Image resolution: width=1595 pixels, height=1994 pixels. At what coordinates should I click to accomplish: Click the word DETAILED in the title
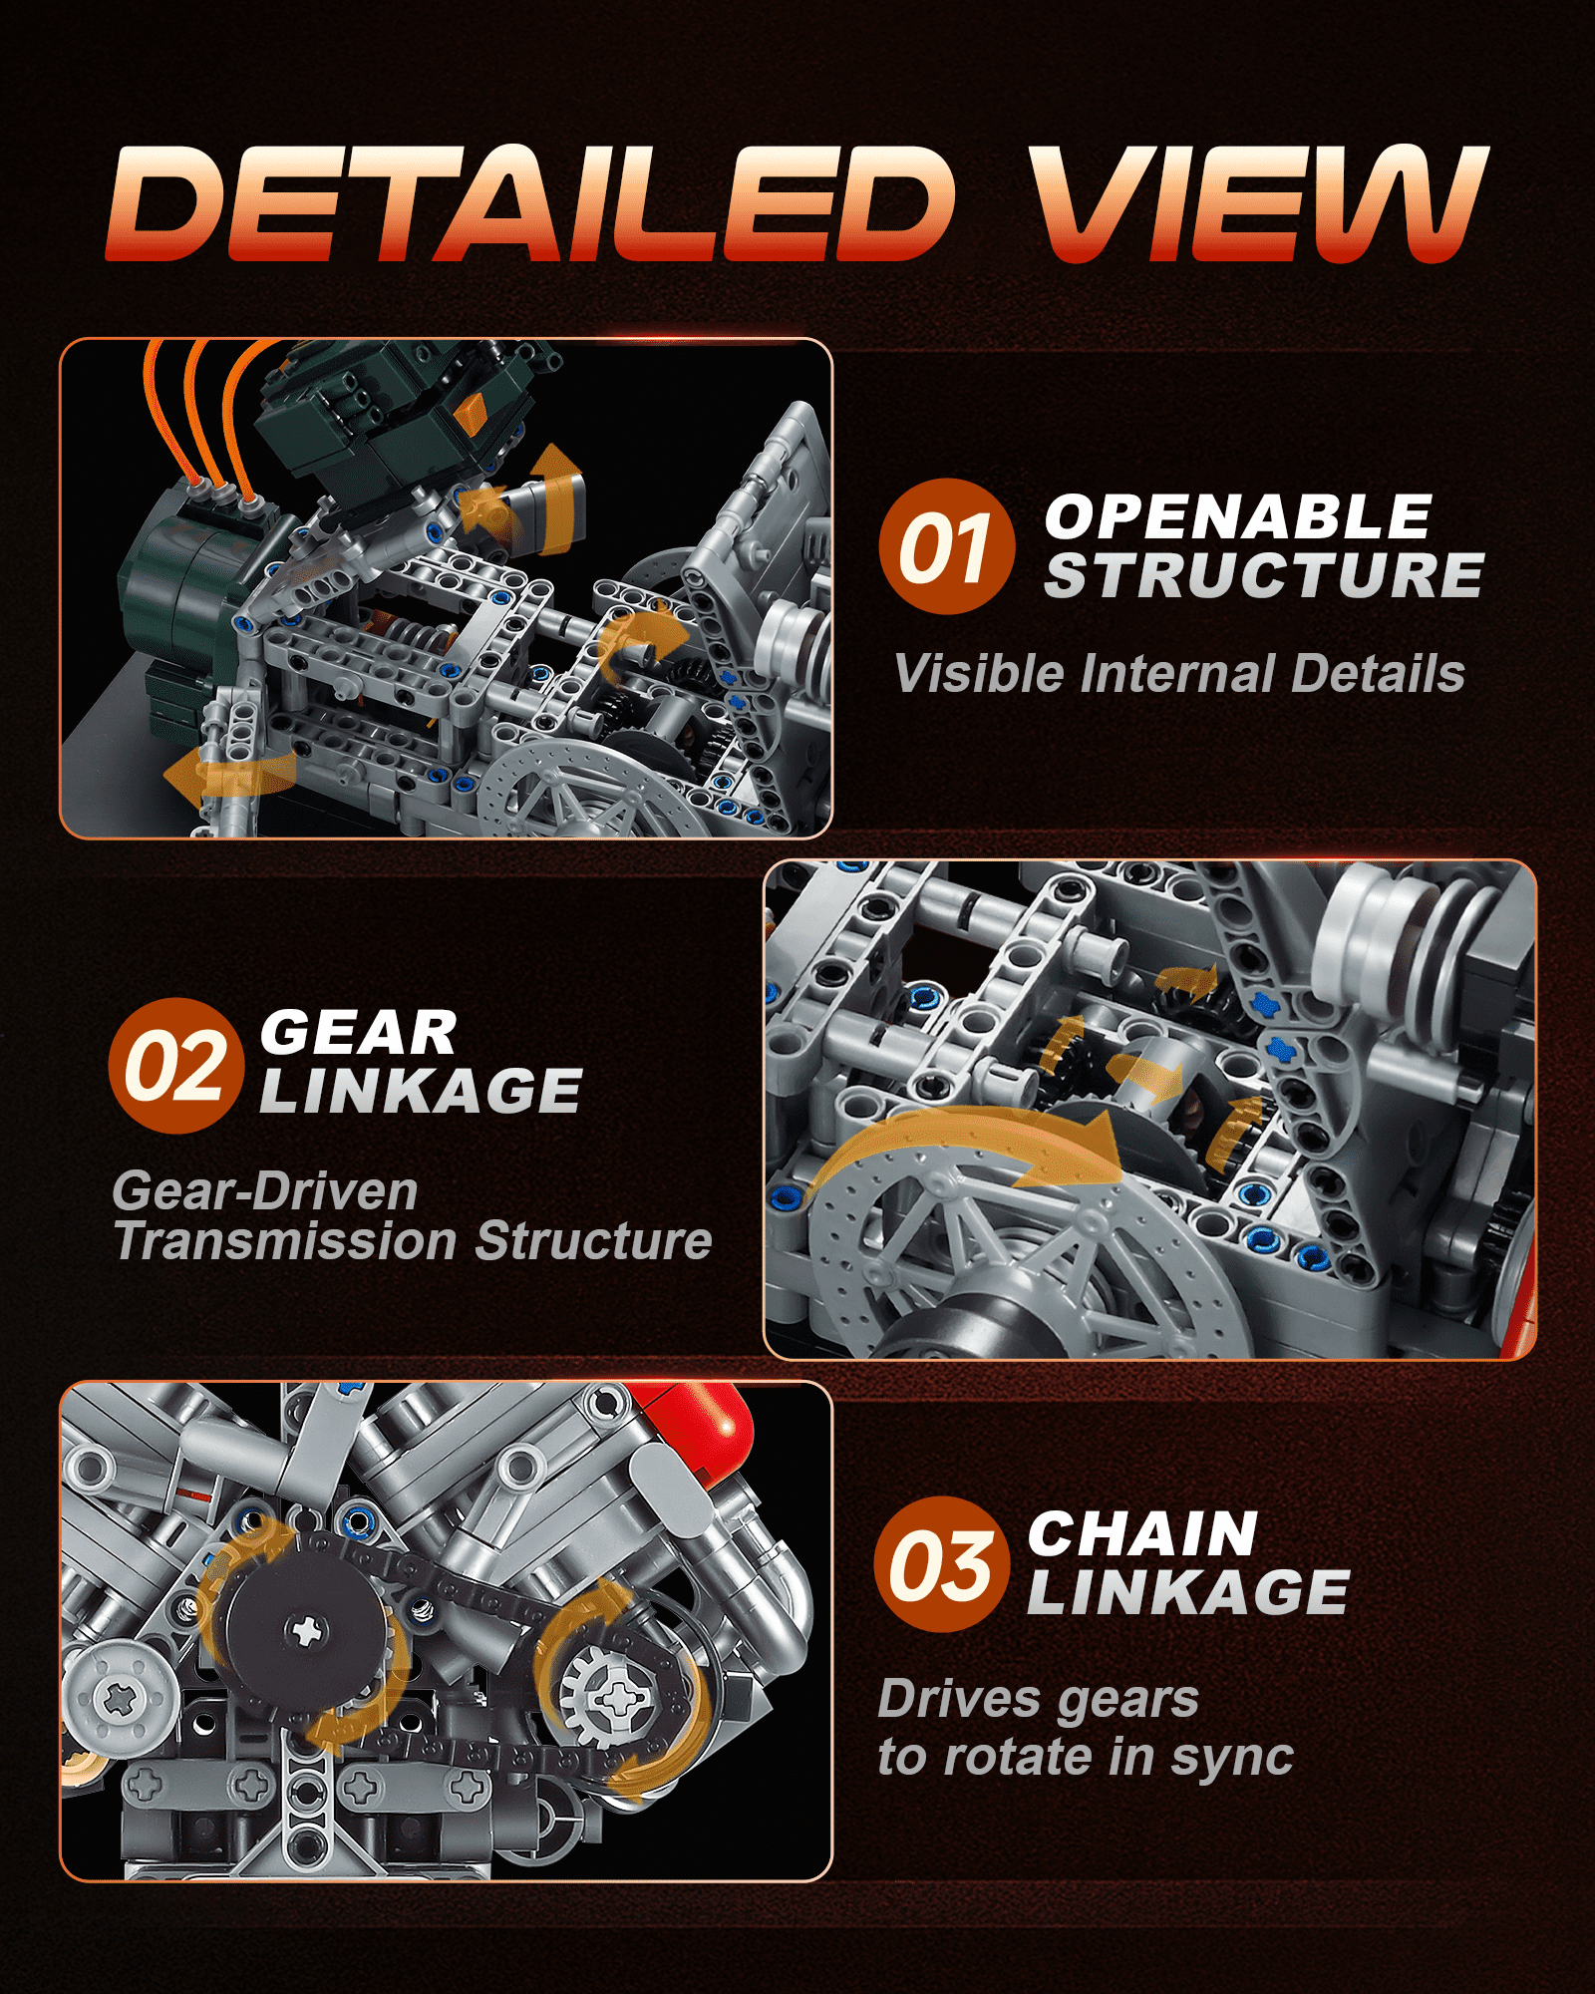531,203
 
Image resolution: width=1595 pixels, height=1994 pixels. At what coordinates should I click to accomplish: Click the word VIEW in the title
1258,203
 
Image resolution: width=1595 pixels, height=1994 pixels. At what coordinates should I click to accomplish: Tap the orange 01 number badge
947,546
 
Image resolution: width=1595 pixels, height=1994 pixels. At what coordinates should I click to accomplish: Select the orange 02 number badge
176,1066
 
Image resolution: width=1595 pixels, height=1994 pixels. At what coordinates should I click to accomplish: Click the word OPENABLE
1238,516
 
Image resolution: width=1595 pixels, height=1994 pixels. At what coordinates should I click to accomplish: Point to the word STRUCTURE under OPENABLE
1264,575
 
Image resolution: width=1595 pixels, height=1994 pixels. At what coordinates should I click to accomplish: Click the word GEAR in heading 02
359,1032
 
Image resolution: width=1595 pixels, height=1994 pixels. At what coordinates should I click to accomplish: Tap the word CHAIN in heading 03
1143,1533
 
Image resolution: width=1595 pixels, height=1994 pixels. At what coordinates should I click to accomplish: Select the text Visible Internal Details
1179,673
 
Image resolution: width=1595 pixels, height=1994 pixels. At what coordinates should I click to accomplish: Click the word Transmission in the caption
288,1241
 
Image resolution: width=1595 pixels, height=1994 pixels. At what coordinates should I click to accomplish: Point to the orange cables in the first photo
204,409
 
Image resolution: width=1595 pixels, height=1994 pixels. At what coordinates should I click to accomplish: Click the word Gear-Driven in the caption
264,1190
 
